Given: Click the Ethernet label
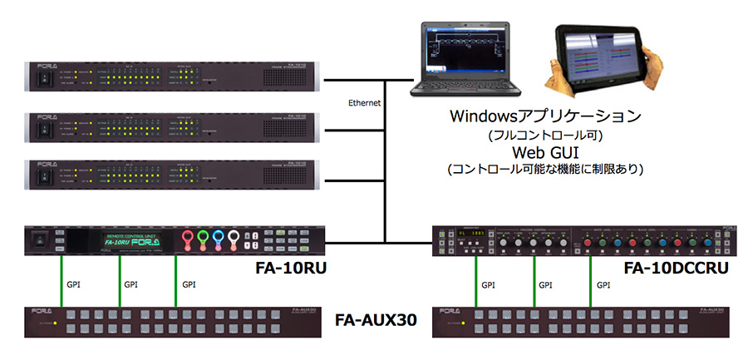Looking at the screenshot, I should tap(365, 103).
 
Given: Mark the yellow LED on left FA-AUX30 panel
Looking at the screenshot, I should tap(55, 323).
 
